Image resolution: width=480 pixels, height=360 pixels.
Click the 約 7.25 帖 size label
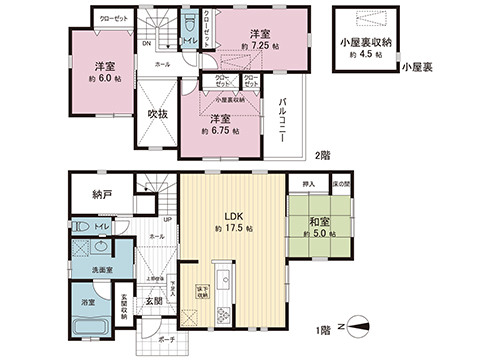pos(258,45)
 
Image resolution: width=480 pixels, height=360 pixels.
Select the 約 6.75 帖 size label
pos(220,130)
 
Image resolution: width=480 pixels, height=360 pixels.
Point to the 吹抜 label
pos(157,115)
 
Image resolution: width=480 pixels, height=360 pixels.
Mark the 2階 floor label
pos(321,155)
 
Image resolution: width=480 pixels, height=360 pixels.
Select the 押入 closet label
pos(308,185)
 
